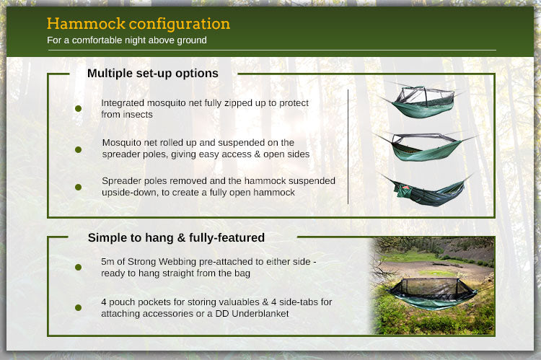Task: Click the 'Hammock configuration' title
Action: [x=138, y=23]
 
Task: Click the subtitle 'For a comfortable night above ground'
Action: [x=126, y=40]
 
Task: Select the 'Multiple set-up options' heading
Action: [x=152, y=73]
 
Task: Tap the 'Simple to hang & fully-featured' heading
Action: [x=176, y=237]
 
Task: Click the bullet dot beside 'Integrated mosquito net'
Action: [x=78, y=109]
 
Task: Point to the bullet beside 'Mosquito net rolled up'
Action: [x=78, y=149]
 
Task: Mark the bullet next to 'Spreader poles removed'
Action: [x=78, y=187]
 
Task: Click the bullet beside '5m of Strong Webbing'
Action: [x=78, y=267]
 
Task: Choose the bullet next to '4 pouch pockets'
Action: [x=78, y=307]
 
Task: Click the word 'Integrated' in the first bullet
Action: [x=124, y=102]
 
